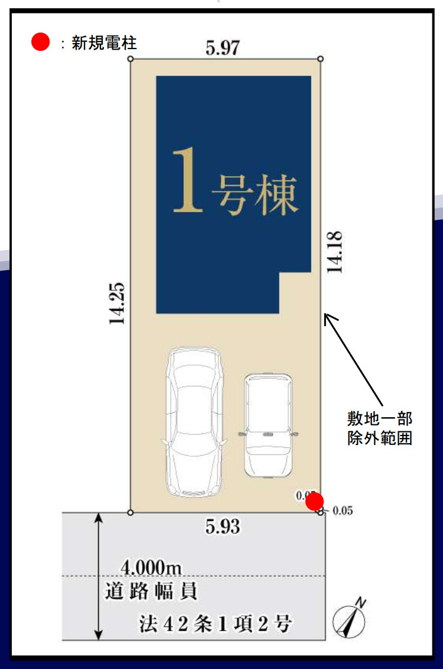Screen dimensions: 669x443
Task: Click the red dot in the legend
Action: click(40, 42)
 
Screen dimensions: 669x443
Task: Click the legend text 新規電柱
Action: click(104, 43)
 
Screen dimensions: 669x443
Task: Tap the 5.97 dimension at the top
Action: click(223, 48)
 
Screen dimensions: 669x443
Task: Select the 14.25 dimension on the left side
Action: click(116, 303)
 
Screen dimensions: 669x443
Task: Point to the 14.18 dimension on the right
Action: click(335, 252)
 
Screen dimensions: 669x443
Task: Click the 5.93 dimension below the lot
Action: click(223, 526)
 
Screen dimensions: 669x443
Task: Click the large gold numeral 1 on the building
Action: click(188, 180)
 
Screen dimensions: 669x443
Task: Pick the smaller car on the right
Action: click(268, 424)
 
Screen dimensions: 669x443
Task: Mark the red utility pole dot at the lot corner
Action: click(315, 502)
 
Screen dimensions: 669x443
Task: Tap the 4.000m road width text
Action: click(151, 567)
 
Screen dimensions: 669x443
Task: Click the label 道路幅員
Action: click(152, 590)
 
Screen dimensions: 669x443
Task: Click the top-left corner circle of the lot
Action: click(131, 59)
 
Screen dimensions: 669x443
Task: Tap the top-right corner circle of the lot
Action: click(321, 59)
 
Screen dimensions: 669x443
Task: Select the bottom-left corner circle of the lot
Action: click(131, 512)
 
